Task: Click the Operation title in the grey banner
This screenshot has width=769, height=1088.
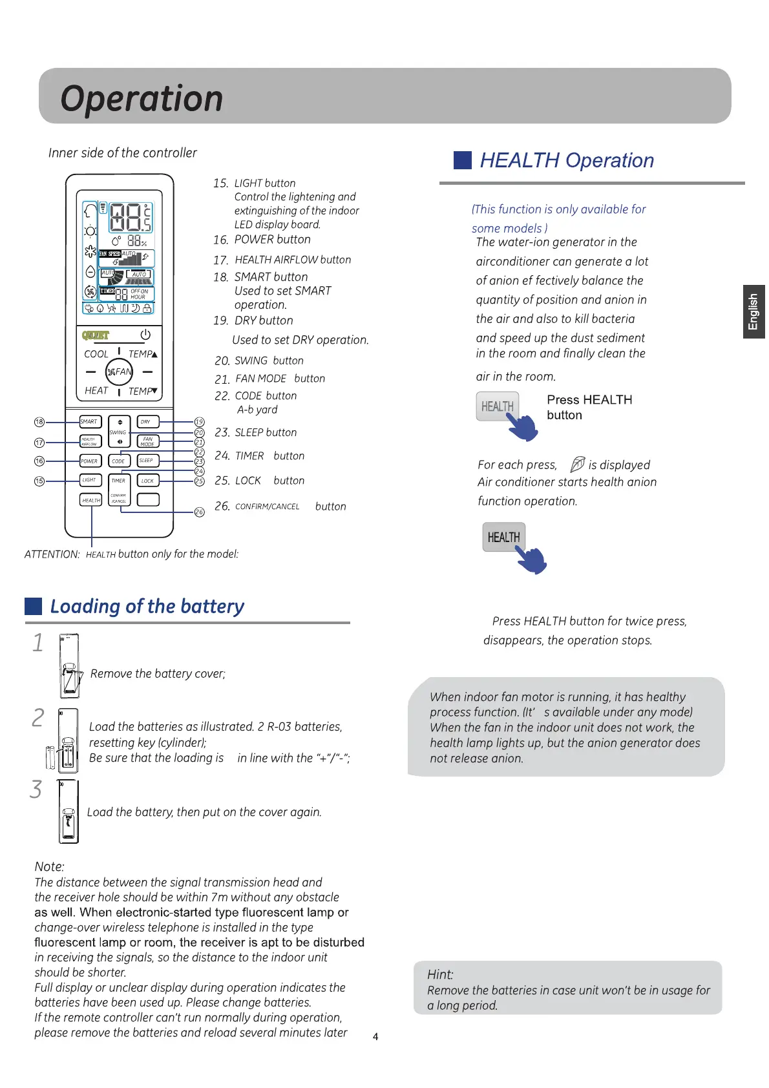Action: pos(142,99)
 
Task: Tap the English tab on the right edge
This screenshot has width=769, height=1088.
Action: pos(753,311)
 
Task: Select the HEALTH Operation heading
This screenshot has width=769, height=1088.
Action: pos(567,160)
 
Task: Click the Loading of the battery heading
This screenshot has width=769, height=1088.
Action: pos(147,606)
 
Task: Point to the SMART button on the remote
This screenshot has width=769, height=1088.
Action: pos(89,422)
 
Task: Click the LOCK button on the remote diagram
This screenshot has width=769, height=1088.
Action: pos(147,481)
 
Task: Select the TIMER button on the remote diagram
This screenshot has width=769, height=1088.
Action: pos(118,481)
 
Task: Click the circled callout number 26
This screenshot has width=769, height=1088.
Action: pos(200,512)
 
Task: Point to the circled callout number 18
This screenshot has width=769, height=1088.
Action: pos(39,422)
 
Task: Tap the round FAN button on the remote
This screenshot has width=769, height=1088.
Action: pos(119,371)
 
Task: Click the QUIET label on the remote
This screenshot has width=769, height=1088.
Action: pos(96,335)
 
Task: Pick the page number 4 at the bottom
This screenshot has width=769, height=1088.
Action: pos(375,1036)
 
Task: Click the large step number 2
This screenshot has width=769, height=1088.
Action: pos(38,718)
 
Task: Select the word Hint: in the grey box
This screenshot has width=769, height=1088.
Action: pos(440,974)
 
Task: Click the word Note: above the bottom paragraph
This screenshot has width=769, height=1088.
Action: pos(50,866)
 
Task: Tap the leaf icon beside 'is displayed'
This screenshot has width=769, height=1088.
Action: pos(578,464)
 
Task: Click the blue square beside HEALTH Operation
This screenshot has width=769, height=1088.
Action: pos(463,160)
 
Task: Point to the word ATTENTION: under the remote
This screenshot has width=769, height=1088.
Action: pos(52,554)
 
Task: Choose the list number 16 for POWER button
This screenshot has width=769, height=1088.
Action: pos(221,240)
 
